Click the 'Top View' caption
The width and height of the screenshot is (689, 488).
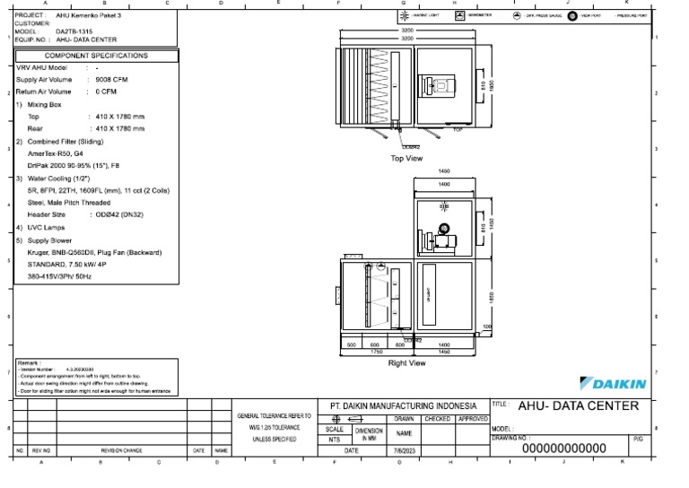tap(406, 158)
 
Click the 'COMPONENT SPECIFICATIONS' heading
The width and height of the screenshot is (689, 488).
tap(96, 55)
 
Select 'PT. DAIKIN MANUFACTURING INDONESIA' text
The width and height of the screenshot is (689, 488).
tap(406, 405)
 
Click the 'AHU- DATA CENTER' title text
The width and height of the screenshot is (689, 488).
tap(579, 405)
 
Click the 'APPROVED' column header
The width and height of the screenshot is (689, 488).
tap(473, 418)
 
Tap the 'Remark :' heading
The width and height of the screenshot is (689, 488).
tap(30, 362)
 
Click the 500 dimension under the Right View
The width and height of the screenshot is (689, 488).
tap(353, 344)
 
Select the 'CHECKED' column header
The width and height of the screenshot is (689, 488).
tap(438, 418)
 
